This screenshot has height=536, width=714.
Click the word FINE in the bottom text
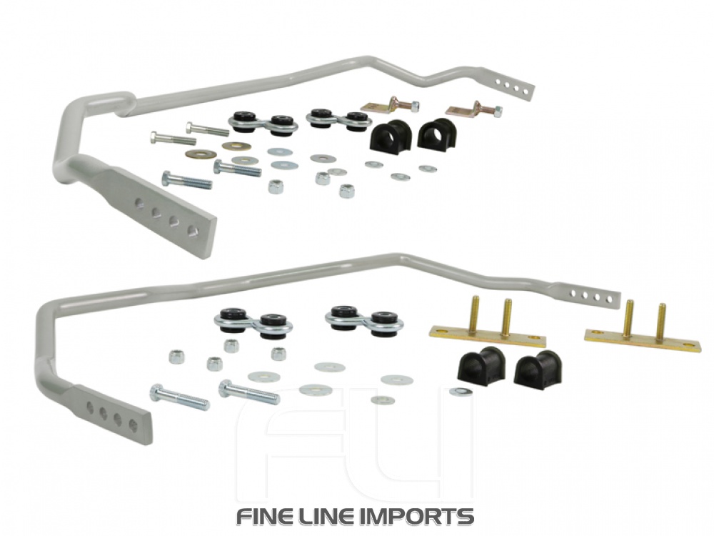point(267,516)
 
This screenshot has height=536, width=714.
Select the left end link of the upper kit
point(263,122)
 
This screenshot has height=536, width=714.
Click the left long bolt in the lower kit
point(179,397)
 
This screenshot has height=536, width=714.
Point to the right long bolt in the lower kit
point(248,392)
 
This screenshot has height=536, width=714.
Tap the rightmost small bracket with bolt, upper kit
point(473,110)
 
